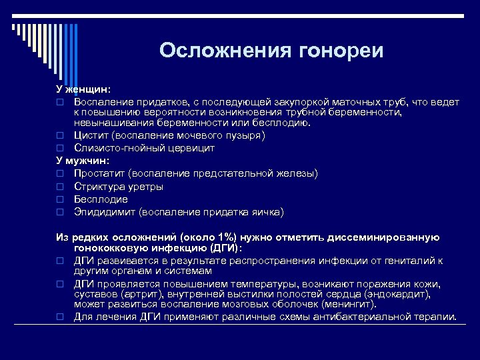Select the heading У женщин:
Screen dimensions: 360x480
pos(83,89)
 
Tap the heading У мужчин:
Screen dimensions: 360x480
pos(83,161)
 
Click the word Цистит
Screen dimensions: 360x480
pos(91,135)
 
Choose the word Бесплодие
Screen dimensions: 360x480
pos(101,199)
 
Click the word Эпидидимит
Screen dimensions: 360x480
pos(105,212)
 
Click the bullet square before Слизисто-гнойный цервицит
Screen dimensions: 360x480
pos(59,148)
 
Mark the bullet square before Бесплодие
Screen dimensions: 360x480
pos(59,199)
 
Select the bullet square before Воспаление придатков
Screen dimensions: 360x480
pos(59,102)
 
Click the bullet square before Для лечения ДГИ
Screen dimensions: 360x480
pos(59,317)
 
